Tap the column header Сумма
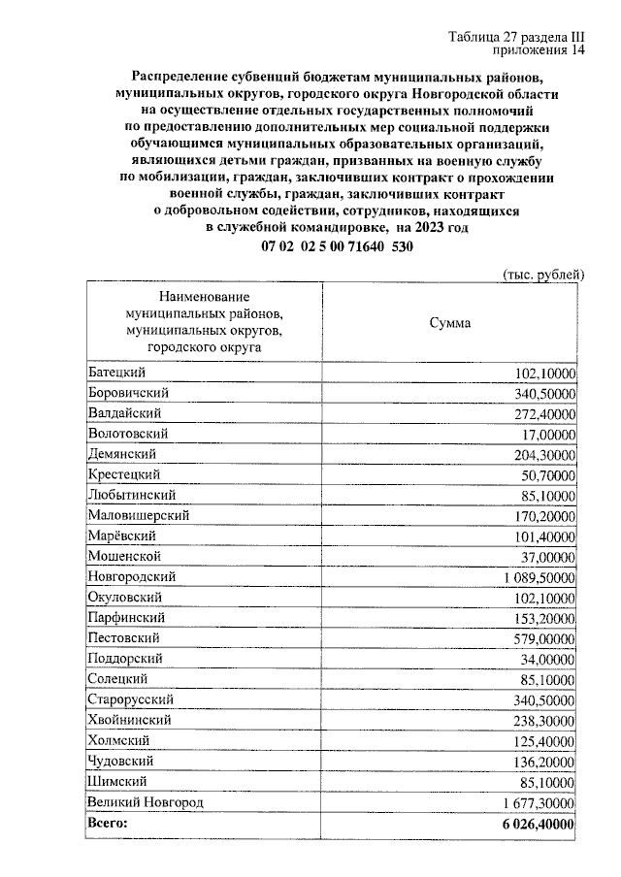tap(450, 323)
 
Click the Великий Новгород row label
tap(145, 802)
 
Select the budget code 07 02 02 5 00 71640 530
tap(337, 247)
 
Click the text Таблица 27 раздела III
tap(517, 37)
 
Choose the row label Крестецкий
tap(123, 474)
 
